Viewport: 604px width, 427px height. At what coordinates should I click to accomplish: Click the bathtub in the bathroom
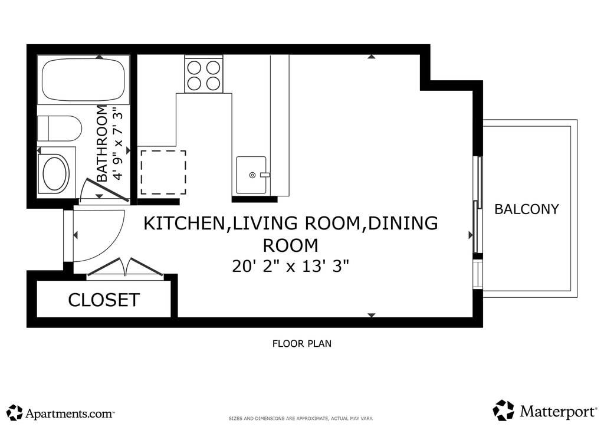83,80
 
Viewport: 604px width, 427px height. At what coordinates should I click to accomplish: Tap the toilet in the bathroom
60,128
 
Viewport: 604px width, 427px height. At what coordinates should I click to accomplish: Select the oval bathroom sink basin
56,173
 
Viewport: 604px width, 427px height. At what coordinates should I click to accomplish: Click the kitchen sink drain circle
252,175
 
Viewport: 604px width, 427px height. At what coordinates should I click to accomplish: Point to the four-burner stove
203,74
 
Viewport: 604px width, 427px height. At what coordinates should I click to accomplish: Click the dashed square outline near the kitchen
163,172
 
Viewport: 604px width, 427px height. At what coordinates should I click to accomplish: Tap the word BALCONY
526,209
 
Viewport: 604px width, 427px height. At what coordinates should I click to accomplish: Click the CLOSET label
104,300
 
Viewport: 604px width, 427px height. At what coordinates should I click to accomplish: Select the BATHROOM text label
101,143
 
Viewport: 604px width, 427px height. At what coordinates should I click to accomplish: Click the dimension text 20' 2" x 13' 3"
290,266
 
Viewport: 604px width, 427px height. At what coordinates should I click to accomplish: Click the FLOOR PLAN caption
301,343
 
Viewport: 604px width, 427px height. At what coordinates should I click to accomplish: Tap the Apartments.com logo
61,413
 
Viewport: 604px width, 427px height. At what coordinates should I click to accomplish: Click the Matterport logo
544,411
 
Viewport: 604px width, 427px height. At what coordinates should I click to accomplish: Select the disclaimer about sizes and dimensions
301,419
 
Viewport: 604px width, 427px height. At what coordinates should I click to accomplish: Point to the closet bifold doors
126,267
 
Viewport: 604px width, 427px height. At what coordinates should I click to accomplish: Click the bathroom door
106,190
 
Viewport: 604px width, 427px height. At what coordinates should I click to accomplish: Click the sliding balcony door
478,205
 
